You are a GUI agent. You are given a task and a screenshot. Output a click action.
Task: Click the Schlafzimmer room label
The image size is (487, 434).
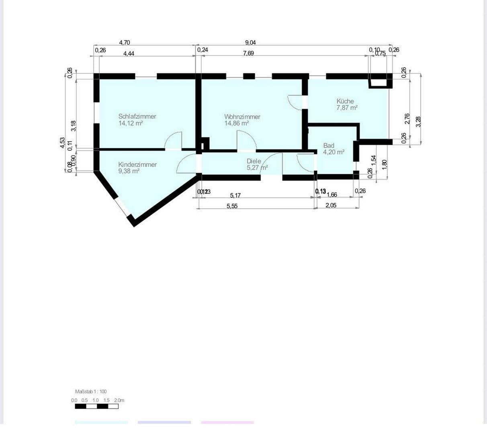coord(137,117)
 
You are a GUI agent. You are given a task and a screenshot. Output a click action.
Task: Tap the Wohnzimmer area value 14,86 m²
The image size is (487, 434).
coord(237,123)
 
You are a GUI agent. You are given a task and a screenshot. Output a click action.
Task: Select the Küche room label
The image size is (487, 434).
coord(345,101)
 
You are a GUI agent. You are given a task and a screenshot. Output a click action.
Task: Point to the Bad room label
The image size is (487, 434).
coord(329,145)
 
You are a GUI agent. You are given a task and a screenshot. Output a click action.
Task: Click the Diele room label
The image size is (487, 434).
coord(254,161)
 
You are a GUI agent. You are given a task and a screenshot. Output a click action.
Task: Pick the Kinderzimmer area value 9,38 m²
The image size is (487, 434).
coord(129,171)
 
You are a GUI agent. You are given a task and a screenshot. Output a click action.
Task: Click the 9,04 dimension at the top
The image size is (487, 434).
coord(250,43)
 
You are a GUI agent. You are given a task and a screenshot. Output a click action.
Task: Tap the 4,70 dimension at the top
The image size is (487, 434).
coord(125,43)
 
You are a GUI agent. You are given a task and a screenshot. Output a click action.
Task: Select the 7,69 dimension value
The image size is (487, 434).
coord(248,53)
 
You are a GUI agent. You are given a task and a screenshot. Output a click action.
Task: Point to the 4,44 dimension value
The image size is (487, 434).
coord(129,53)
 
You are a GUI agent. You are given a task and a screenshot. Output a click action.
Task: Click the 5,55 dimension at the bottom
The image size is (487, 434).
coord(232,205)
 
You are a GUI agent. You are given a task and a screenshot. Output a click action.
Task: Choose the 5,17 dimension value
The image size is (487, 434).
coord(235,195)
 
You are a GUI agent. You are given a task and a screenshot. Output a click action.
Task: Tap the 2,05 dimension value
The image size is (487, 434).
coord(331,205)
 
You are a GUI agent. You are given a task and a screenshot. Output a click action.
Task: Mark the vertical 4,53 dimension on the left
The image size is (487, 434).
coord(62,143)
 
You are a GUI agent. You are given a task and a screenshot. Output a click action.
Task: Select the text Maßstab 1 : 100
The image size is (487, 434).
coord(91,391)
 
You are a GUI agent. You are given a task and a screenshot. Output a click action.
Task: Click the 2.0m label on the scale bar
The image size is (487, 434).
coord(119,400)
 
